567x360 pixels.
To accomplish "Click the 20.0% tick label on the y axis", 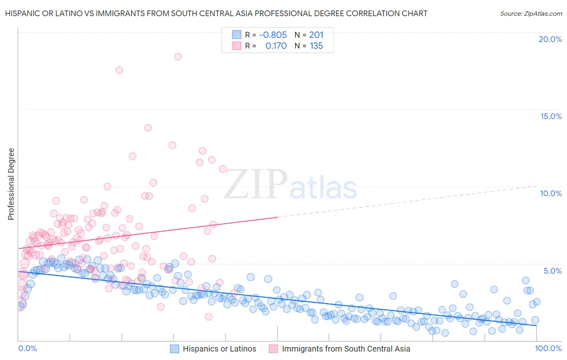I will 550,39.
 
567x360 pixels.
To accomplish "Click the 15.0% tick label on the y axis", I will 551,116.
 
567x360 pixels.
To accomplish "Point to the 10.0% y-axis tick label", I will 551,193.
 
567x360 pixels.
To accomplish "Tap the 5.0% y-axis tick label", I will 552,271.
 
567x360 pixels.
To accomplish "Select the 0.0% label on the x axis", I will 28,349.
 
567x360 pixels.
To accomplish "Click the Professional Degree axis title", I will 11,184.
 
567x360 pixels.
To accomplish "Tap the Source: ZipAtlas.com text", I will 531,13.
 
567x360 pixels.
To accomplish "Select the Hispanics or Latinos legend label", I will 219,349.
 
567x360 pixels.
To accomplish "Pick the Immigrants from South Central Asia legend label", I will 346,349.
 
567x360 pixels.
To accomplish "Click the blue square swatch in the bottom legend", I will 174,349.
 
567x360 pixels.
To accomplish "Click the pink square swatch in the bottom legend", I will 273,349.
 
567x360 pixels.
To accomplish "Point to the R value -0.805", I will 273,35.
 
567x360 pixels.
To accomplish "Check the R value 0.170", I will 276,46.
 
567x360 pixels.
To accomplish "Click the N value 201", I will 316,35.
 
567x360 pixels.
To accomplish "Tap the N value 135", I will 316,46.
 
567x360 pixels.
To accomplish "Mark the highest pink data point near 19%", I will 178,57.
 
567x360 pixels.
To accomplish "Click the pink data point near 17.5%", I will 119,70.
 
